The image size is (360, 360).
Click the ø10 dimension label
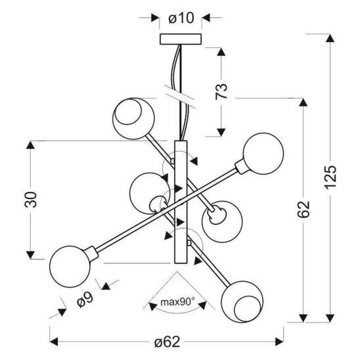pos(181,18)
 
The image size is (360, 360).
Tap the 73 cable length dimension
pos(221,91)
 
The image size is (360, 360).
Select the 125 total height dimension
pos(330,177)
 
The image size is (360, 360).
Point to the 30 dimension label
pos(30,200)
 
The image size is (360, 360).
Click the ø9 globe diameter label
pos(85,300)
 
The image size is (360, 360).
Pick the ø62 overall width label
pos(167,342)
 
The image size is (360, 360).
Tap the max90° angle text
pos(177,302)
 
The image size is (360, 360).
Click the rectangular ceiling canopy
pos(181,39)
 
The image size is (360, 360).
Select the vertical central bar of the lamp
pos(181,202)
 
